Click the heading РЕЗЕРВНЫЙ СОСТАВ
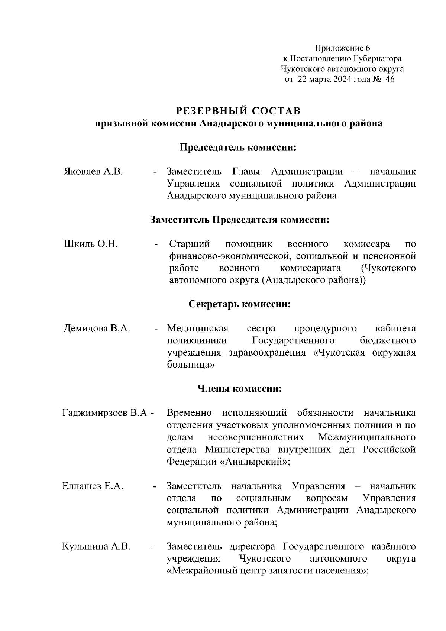[x=238, y=111]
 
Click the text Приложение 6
[x=342, y=48]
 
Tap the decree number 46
[x=390, y=79]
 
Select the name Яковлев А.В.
[x=93, y=172]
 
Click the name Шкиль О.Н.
[x=91, y=244]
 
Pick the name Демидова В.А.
[x=97, y=329]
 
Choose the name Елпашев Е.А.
[x=93, y=486]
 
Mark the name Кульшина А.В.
[x=96, y=547]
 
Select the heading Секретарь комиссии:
[x=239, y=304]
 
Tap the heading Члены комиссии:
[x=239, y=389]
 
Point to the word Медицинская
[x=197, y=329]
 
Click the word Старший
[x=190, y=244]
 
